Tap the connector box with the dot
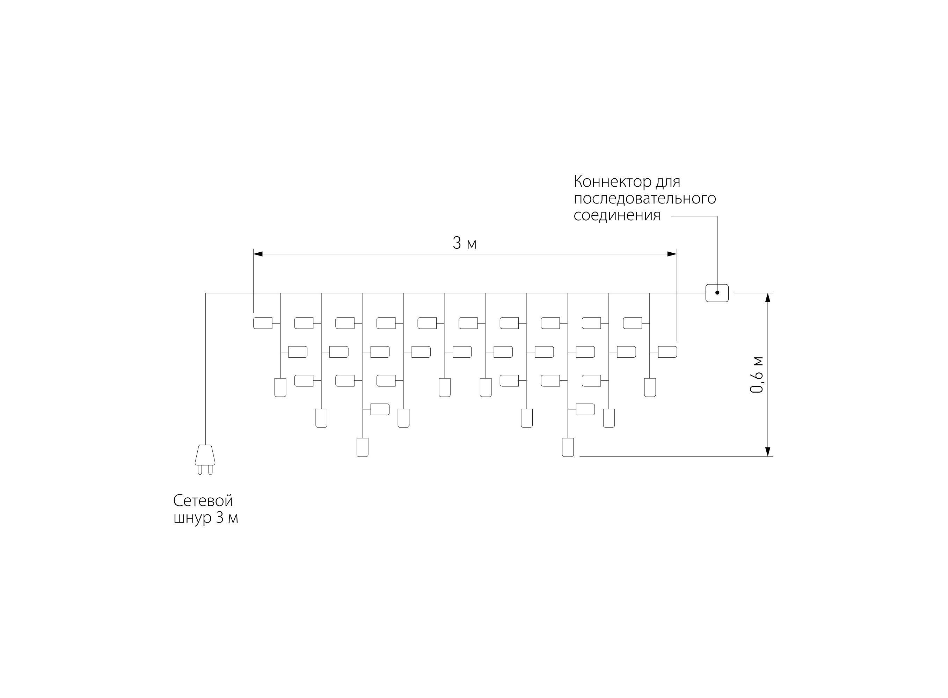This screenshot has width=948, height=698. [717, 293]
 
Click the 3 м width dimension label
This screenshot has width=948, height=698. [464, 243]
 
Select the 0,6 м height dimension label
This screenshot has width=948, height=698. [757, 375]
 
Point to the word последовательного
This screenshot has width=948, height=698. [645, 199]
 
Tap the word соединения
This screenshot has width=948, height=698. [617, 215]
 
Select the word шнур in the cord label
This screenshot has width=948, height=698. [192, 518]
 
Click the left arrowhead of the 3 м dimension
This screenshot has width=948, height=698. [258, 254]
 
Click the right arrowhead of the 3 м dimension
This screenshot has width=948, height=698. [672, 254]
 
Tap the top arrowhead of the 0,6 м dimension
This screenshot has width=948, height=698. [768, 298]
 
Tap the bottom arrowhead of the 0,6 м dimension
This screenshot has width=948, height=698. [768, 451]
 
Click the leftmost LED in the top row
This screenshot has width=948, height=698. [263, 323]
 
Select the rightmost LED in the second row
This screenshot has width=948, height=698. [667, 351]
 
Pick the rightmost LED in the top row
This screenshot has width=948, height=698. [632, 323]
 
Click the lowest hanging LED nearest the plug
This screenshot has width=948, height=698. [362, 447]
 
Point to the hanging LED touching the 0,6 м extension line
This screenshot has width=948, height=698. [568, 447]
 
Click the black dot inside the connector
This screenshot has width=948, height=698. [717, 292]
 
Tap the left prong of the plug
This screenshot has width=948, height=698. [199, 470]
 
